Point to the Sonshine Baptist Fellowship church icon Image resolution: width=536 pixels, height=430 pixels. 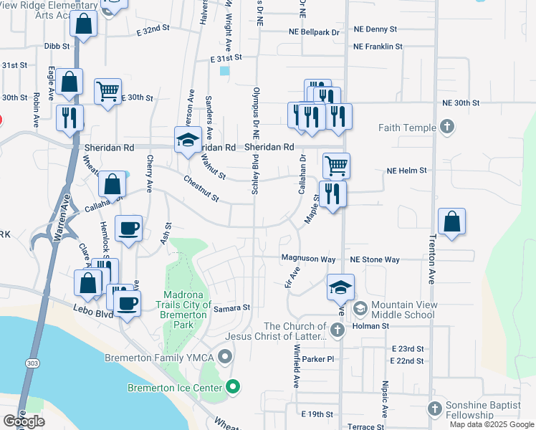point(434,408)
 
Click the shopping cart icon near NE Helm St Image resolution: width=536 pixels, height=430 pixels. point(336,166)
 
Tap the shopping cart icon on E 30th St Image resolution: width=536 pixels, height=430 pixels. point(107,91)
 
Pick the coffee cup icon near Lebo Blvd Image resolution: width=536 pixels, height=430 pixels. point(128,303)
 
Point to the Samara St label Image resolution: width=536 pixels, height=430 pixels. point(231,308)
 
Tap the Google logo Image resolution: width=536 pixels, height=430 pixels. point(23,421)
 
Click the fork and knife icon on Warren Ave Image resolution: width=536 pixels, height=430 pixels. point(70,118)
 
